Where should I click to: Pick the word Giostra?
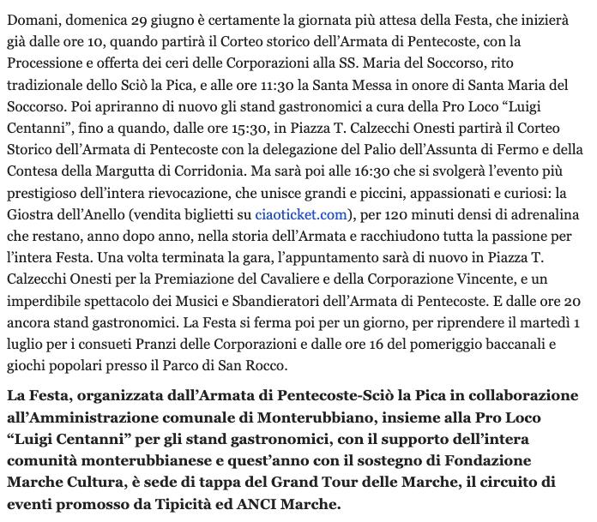tap(33, 213)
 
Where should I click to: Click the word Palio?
tap(389, 147)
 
